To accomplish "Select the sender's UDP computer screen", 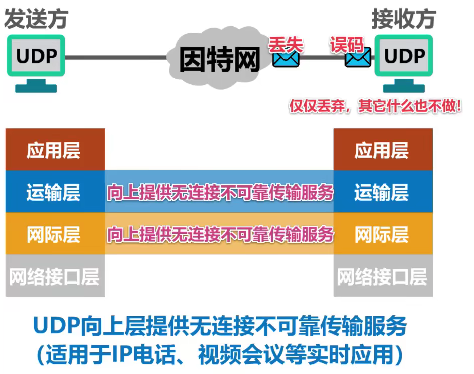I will [36, 56].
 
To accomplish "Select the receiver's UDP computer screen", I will [404, 56].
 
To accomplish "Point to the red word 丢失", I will [286, 44].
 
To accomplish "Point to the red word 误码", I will [346, 44].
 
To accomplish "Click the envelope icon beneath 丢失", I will [286, 59].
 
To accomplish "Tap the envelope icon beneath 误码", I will [357, 59].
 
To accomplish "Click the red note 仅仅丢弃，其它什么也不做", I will [374, 107].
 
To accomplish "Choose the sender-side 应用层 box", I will [54, 150].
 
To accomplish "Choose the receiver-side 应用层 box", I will [382, 150].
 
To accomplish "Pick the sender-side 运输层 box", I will [54, 192].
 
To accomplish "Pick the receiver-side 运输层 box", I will [382, 192].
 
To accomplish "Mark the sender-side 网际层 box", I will [54, 234].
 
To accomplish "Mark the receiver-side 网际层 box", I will [382, 234].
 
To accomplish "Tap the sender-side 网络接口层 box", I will [54, 276].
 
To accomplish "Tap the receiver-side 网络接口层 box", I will [382, 276].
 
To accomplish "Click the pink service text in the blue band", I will [220, 192].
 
